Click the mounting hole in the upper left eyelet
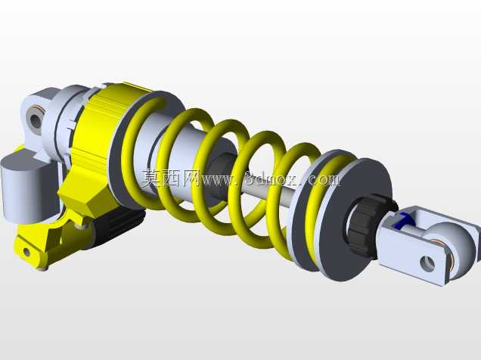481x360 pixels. (x=36, y=120)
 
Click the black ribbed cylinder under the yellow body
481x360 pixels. (x=119, y=223)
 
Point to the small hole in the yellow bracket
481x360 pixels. (x=26, y=252)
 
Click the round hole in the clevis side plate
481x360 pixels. (x=427, y=264)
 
